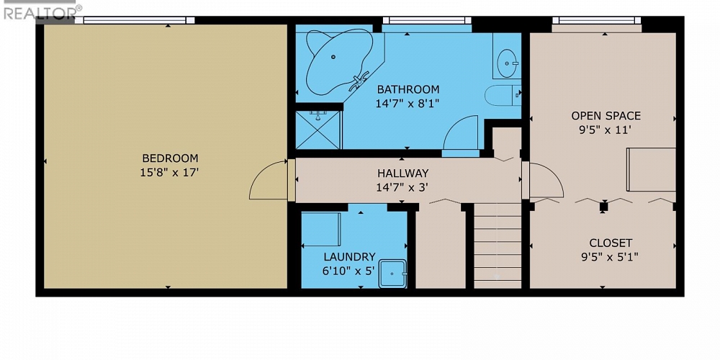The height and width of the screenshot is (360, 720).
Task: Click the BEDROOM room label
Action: pyautogui.click(x=170, y=158)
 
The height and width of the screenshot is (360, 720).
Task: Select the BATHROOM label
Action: pyautogui.click(x=408, y=89)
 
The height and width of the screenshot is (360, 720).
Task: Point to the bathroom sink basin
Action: pyautogui.click(x=509, y=62)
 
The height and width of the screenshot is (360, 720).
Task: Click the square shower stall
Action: pyautogui.click(x=318, y=129)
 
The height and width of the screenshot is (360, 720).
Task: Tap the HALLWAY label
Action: pyautogui.click(x=402, y=173)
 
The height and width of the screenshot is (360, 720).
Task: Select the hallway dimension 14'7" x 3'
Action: pyautogui.click(x=402, y=186)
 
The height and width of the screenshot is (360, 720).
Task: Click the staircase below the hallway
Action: pyautogui.click(x=497, y=245)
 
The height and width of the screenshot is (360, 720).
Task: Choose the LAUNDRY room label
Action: pyautogui.click(x=349, y=256)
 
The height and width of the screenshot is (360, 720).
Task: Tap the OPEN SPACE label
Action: pyautogui.click(x=606, y=115)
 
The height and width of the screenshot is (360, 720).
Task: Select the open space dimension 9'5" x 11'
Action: pyautogui.click(x=606, y=130)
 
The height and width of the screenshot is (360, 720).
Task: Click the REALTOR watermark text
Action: pyautogui.click(x=40, y=13)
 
